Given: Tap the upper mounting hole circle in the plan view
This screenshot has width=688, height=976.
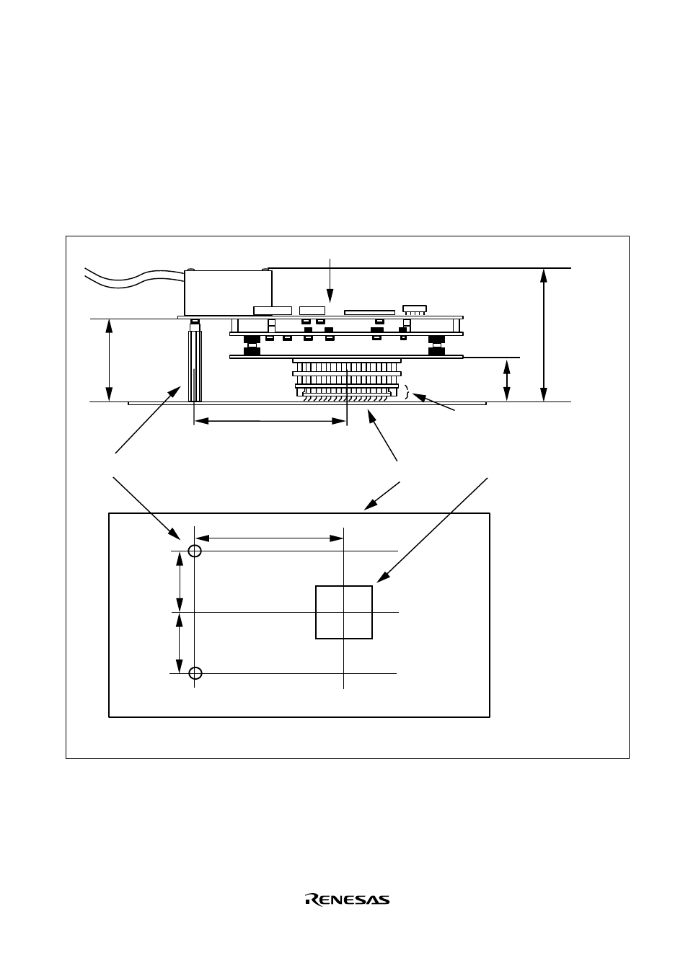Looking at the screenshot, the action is point(195,551).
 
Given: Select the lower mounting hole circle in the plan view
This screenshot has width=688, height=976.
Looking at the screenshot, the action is point(195,673).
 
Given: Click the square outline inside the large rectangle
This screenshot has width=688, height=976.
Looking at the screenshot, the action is point(316,612).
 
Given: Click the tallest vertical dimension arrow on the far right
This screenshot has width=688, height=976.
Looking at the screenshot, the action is point(543,334).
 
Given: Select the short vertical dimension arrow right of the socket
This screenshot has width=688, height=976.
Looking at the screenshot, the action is point(506,380).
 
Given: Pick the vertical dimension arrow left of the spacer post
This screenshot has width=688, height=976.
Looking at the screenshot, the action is point(109,360).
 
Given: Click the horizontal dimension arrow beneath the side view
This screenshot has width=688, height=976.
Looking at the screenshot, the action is point(270,421).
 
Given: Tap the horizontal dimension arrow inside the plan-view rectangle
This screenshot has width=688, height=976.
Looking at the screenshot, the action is point(270,538).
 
